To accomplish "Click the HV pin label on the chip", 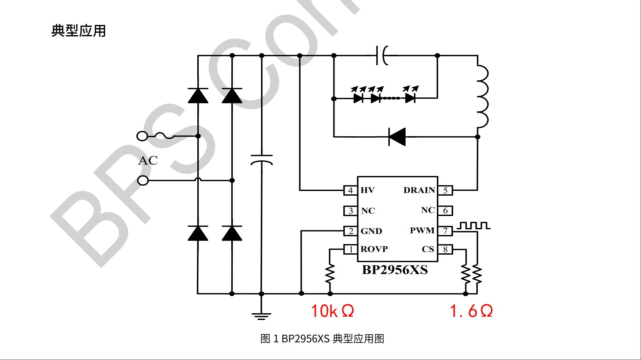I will click(x=368, y=190).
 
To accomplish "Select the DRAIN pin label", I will click(x=419, y=190).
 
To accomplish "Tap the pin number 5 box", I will click(x=445, y=191).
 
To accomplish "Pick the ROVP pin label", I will click(x=374, y=249).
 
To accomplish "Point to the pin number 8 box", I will click(x=445, y=250).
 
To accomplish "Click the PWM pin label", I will click(x=422, y=231).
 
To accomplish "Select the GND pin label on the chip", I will click(x=371, y=231).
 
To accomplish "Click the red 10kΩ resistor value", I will click(x=333, y=311).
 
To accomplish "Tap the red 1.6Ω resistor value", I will click(x=471, y=311).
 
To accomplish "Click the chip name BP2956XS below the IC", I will click(x=395, y=270).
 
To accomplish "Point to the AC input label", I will click(x=148, y=161).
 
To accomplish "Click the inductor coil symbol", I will click(x=482, y=97).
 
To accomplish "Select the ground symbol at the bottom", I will click(x=261, y=316).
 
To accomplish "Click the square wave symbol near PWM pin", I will click(x=473, y=226).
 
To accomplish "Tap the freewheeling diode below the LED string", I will click(x=397, y=137).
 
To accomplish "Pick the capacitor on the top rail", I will click(x=382, y=55).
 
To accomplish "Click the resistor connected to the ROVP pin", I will click(x=330, y=274).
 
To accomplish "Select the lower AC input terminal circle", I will click(x=143, y=181).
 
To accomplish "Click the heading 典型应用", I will click(x=78, y=31).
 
